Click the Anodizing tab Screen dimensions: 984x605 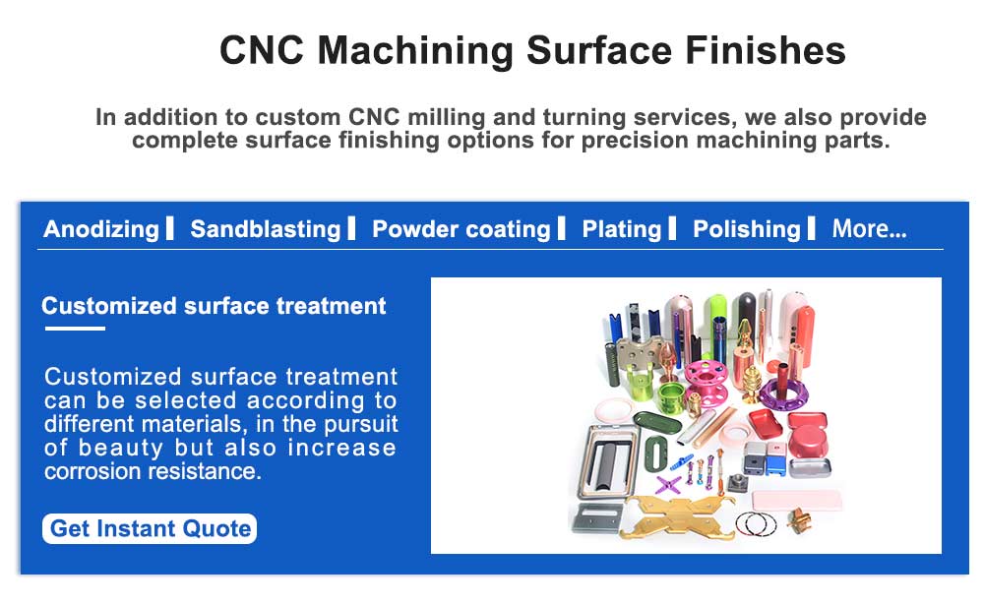[101, 229]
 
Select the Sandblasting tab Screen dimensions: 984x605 [266, 229]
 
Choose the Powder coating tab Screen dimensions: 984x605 [461, 229]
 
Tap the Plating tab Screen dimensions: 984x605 [622, 229]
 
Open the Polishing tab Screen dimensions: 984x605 [747, 229]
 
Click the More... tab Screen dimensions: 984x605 [869, 229]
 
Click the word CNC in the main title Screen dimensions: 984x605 [262, 50]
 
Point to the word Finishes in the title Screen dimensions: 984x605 [766, 50]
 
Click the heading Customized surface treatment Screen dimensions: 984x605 [214, 306]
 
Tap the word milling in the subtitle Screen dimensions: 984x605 [446, 117]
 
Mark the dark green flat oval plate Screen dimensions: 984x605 [657, 421]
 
